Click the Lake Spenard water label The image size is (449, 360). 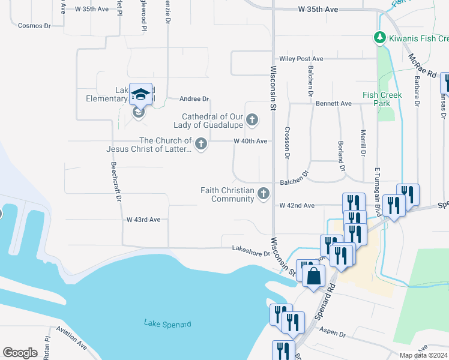click(x=167, y=324)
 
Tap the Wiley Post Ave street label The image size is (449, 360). click(x=301, y=59)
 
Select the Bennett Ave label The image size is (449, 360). click(x=333, y=104)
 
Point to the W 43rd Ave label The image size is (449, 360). click(x=143, y=220)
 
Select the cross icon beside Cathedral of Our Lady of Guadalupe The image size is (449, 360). click(x=252, y=120)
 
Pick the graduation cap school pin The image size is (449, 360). click(x=140, y=95)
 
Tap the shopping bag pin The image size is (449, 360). click(x=313, y=277)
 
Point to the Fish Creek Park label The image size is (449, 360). click(x=377, y=99)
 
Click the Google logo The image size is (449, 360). click(x=20, y=353)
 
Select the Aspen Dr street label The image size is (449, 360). click(x=333, y=332)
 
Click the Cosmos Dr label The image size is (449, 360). click(x=34, y=26)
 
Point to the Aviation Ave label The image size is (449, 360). click(x=72, y=338)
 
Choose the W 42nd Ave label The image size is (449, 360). click(x=297, y=205)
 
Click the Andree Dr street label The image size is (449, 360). click(x=194, y=99)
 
